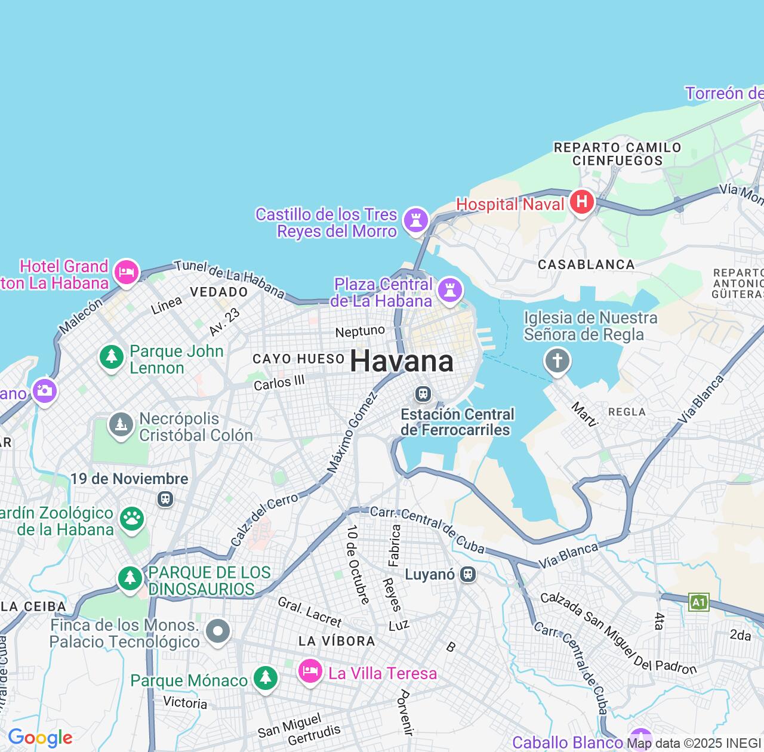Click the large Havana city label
pos(401,362)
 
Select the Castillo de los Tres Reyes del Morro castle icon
pos(415,220)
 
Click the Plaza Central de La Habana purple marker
pos(450,290)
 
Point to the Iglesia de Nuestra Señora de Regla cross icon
pos(557,360)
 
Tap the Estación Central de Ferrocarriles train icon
pos(423,394)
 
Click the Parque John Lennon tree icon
pos(111,357)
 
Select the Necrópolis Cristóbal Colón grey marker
pos(121,425)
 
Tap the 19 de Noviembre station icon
pos(165,498)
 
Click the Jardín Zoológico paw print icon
pos(131,518)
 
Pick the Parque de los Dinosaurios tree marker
pos(130,578)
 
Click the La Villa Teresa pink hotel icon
pos(310,671)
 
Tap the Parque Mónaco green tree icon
pos(265,677)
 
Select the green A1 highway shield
pos(698,602)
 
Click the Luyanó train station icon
pos(469,574)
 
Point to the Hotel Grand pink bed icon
pos(126,272)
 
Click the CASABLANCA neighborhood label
pos(586,264)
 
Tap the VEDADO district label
pos(218,292)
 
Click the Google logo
pos(40,738)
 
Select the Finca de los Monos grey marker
pos(218,630)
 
